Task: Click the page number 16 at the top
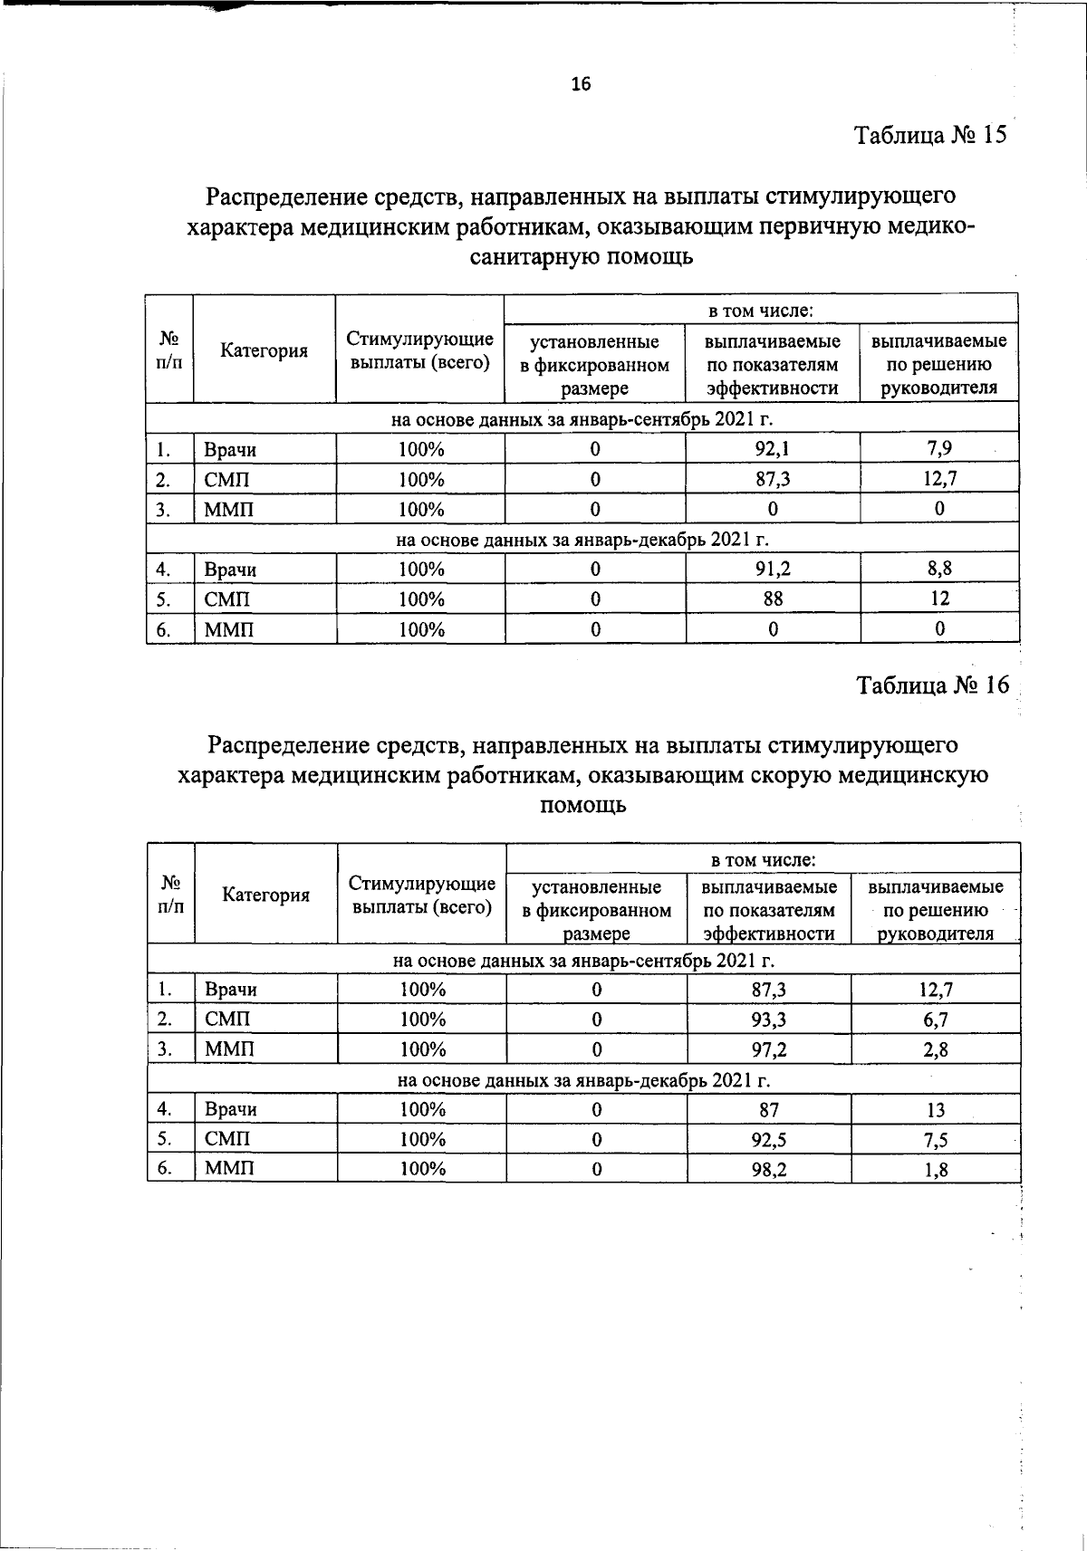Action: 581,84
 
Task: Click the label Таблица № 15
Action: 931,136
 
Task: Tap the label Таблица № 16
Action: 933,685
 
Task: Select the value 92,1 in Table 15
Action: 772,448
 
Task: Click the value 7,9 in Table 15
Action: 938,448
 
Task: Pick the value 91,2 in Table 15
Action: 772,569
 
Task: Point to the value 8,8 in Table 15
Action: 939,569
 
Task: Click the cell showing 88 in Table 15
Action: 772,598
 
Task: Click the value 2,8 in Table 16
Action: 936,1049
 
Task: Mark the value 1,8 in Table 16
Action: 936,1169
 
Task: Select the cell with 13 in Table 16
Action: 936,1109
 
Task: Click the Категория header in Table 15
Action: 264,351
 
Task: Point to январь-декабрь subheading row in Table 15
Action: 582,540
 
